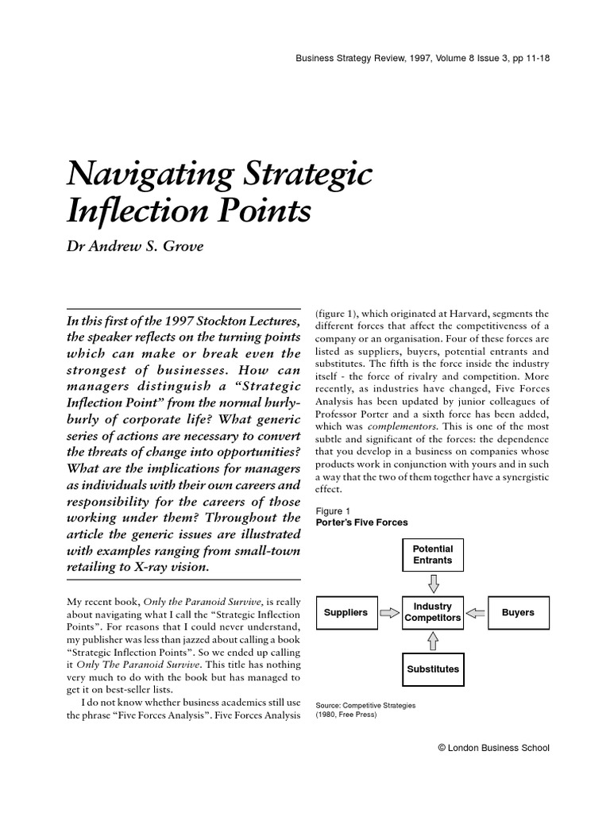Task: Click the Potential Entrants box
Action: [432, 554]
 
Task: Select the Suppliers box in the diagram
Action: [346, 612]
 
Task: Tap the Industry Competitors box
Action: [432, 612]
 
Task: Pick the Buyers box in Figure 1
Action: [518, 612]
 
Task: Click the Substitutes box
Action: [432, 669]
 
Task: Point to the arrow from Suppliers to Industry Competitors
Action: [388, 612]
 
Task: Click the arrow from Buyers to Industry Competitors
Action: [475, 612]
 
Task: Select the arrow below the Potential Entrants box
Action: [432, 584]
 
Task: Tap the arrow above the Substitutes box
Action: [432, 640]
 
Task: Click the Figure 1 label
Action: [333, 510]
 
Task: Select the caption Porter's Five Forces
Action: [361, 522]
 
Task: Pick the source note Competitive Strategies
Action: [365, 704]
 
